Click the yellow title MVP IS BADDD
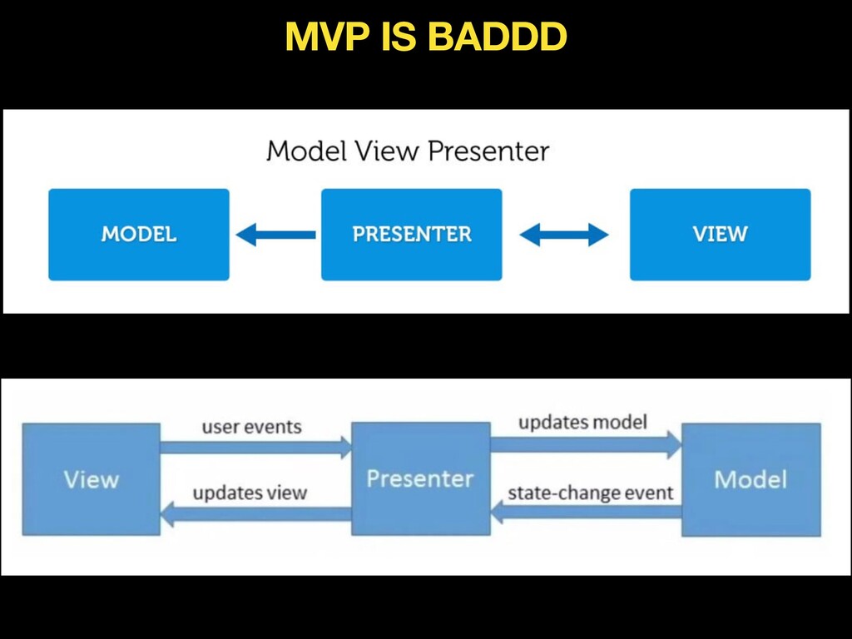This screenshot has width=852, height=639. (x=426, y=37)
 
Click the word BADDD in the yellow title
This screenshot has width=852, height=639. (x=498, y=37)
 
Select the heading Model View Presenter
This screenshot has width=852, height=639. (x=408, y=151)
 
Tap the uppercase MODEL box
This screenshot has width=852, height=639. (x=139, y=234)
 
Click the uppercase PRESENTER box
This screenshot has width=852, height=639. (x=411, y=234)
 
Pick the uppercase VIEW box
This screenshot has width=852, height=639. (x=720, y=234)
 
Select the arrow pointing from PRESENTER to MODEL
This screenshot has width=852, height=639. (x=275, y=235)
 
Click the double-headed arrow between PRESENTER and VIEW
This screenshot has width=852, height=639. (x=564, y=235)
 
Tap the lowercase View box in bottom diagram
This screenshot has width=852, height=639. (x=92, y=478)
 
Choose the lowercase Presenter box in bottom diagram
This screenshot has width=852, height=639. (x=420, y=478)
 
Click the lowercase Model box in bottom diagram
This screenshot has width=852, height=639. (x=751, y=479)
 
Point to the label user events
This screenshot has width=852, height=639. (x=251, y=427)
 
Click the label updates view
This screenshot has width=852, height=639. (x=250, y=493)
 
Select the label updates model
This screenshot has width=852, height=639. (x=582, y=422)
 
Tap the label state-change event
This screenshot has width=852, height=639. (x=591, y=493)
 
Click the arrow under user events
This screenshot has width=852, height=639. (x=256, y=447)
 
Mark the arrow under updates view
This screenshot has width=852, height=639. (x=256, y=514)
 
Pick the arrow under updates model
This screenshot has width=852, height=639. (x=586, y=444)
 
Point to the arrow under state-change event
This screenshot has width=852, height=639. (x=586, y=512)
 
